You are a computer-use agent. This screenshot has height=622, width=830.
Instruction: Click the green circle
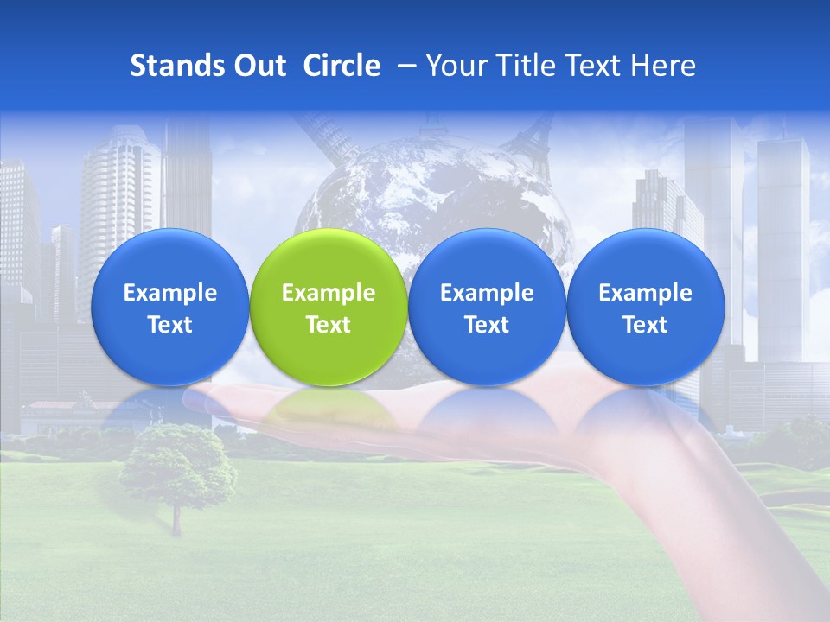[329, 308]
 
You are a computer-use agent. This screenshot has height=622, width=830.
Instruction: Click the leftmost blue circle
[169, 308]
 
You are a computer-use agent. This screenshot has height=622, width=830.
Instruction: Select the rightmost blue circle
[645, 308]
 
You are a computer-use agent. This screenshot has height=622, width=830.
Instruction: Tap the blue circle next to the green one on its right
[487, 308]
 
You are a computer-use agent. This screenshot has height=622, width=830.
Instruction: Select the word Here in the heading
[662, 66]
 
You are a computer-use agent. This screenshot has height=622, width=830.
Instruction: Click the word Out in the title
[258, 66]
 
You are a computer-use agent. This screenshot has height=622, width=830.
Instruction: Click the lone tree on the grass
[177, 462]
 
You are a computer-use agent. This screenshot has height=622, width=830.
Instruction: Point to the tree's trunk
[177, 518]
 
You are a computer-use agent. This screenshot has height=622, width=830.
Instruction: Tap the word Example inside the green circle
[329, 293]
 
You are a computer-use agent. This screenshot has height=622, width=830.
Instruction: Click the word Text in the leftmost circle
[169, 325]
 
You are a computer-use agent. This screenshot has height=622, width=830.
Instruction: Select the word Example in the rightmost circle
[645, 293]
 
